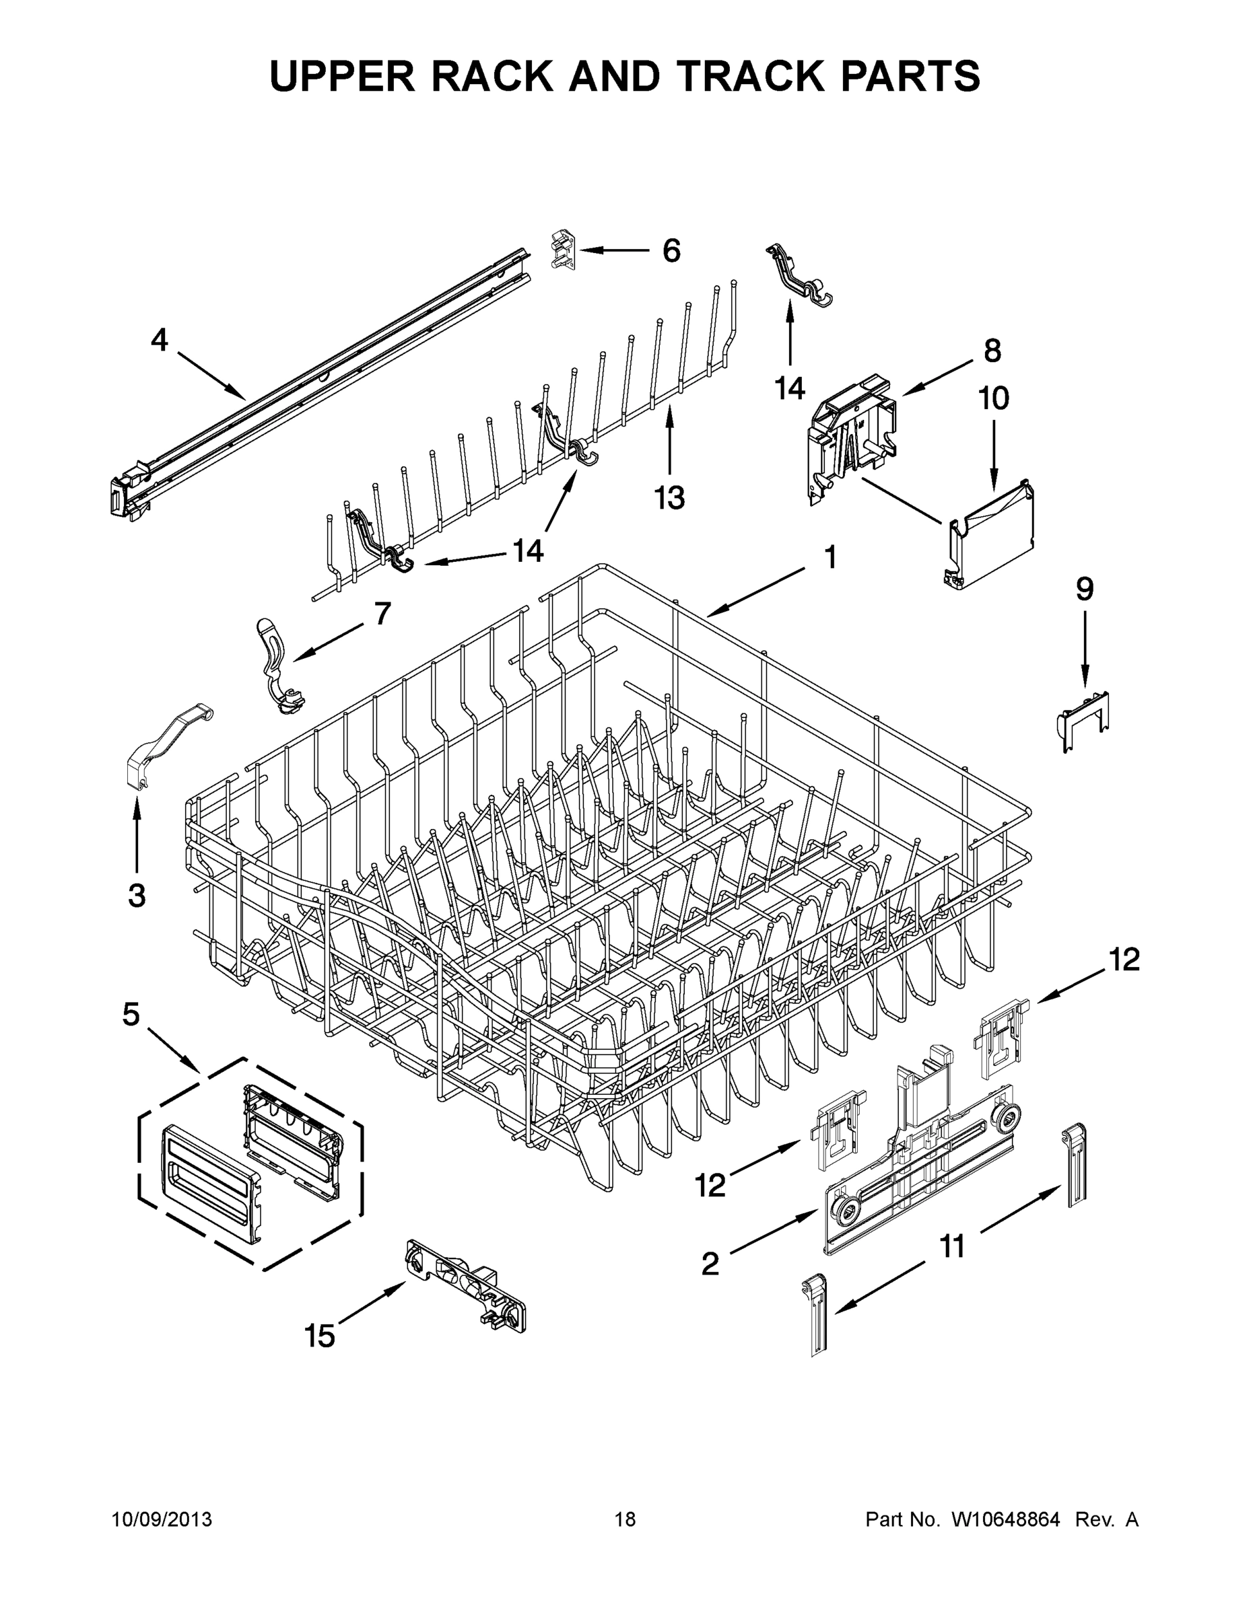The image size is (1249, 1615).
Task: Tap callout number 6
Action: pos(671,251)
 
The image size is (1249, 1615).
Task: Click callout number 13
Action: pos(670,498)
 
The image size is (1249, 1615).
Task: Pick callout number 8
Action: pos(992,351)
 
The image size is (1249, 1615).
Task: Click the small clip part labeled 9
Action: pos(1085,711)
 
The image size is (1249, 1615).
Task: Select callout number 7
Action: pos(382,614)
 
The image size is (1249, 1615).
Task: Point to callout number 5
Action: pos(131,1015)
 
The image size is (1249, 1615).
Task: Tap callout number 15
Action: pos(320,1336)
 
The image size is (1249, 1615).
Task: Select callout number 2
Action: pos(710,1264)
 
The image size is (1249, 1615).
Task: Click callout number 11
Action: pos(952,1247)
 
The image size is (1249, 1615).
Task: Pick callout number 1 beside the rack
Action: pos(830,558)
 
